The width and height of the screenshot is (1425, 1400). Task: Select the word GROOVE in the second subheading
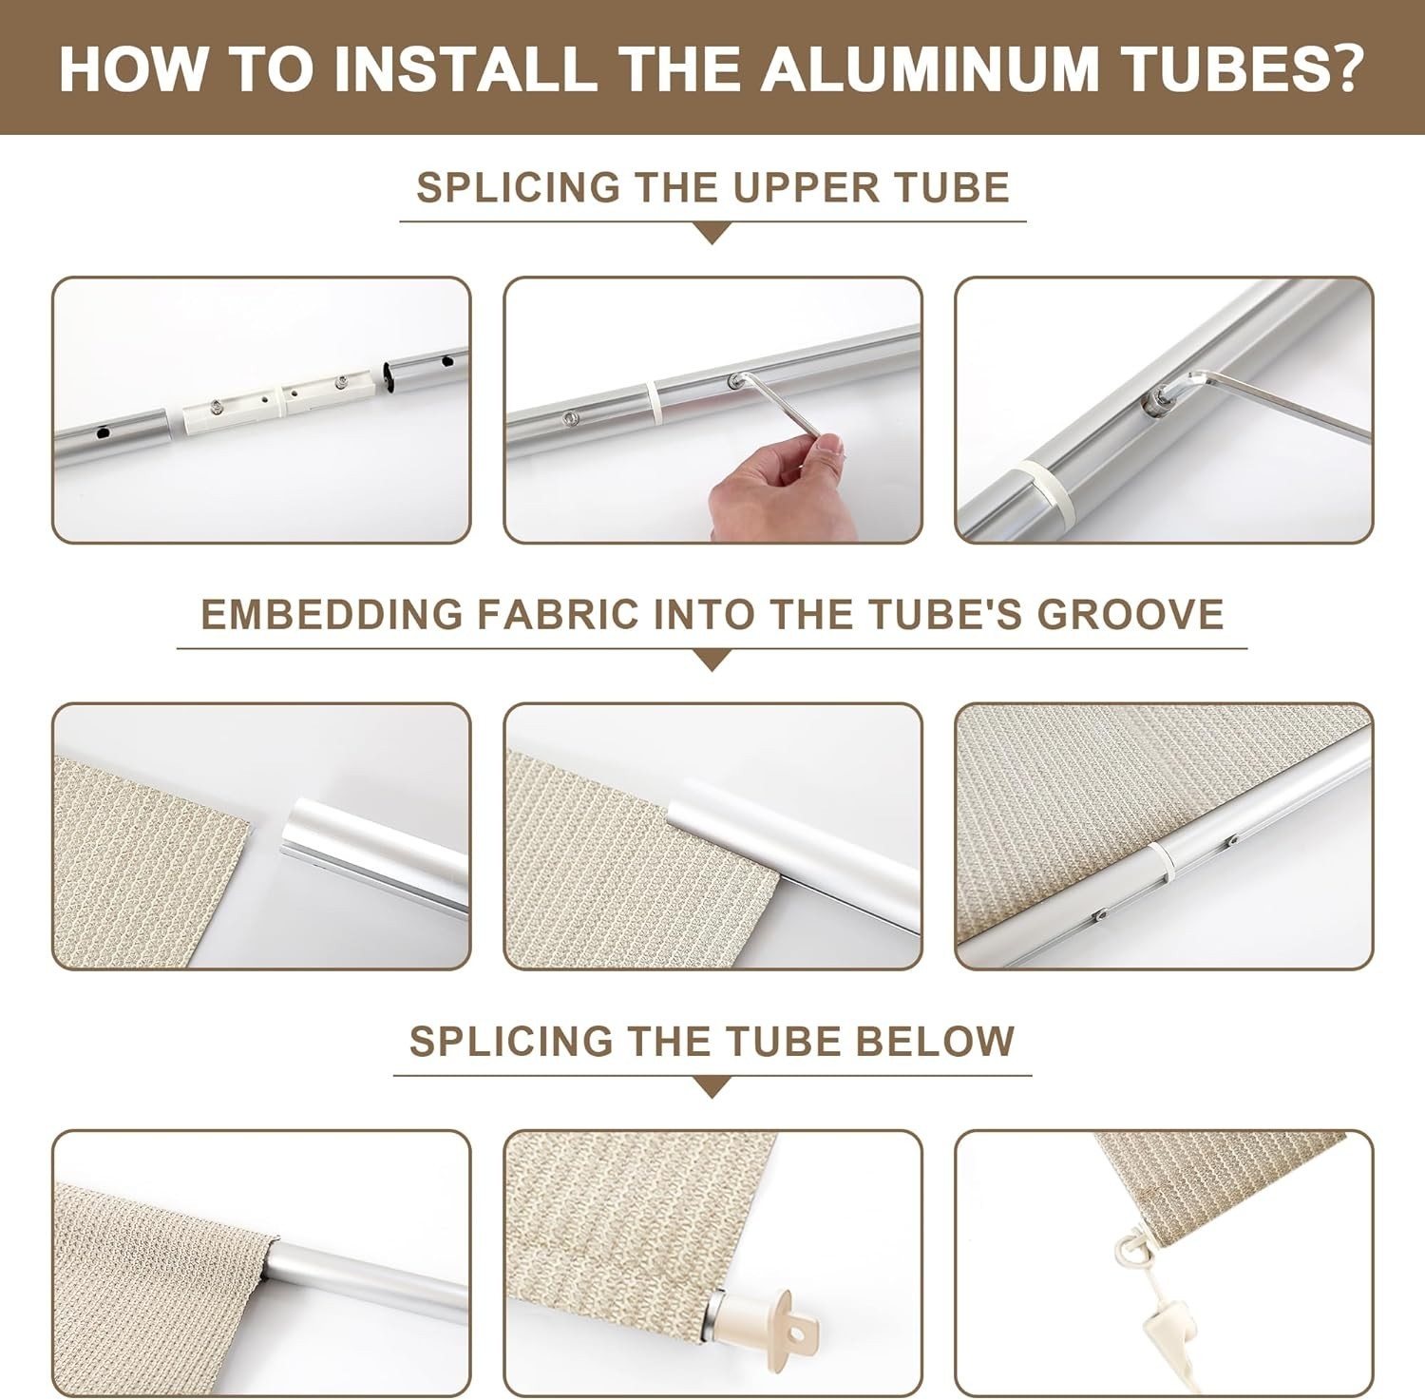coord(1130,614)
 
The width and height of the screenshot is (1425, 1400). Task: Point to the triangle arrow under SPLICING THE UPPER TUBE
coord(712,234)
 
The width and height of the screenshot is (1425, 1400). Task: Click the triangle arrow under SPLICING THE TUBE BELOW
coord(712,1087)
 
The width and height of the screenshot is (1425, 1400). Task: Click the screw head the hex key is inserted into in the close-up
coord(1156,400)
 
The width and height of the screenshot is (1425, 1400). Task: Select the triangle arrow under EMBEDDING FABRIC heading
coord(712,661)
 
